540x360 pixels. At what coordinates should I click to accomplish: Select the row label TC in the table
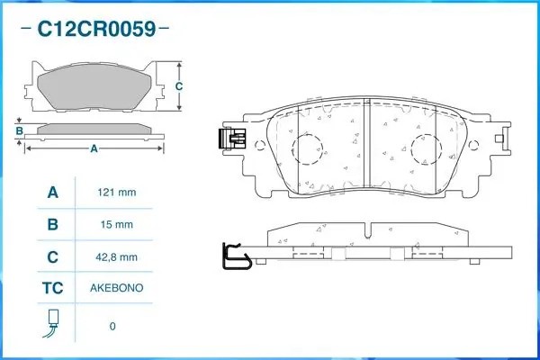tap(52, 289)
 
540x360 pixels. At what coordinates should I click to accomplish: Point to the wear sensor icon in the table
tap(52, 325)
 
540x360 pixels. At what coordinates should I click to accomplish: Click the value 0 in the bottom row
tap(112, 326)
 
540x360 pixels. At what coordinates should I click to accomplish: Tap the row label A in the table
tap(52, 192)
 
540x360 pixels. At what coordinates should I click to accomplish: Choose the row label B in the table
tap(52, 224)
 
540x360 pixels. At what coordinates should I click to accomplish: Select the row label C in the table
tap(52, 256)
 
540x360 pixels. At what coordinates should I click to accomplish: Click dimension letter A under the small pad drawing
tap(94, 148)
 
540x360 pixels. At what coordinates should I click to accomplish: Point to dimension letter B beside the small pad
tap(18, 131)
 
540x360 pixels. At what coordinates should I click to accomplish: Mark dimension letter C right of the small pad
tap(178, 86)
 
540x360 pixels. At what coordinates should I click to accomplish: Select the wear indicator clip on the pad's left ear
tap(232, 139)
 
